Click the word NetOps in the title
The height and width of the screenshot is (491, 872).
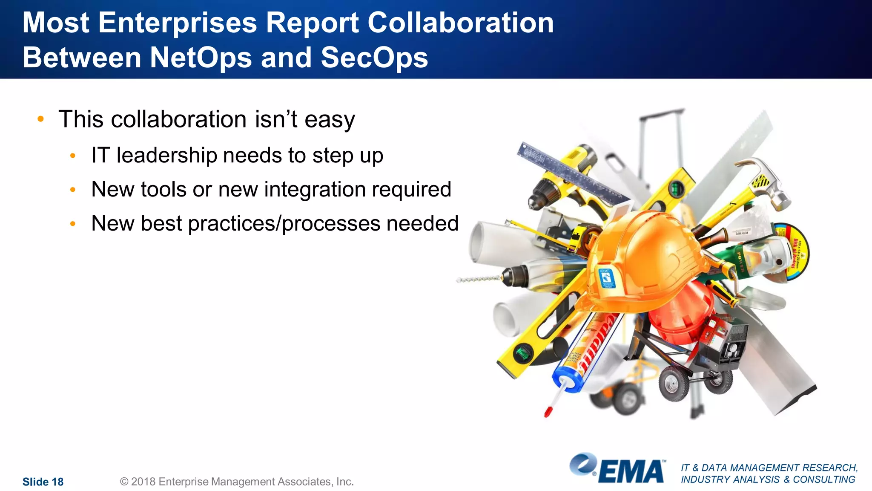[201, 58]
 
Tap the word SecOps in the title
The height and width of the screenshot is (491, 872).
[374, 58]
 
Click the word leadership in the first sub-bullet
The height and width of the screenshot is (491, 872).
[166, 155]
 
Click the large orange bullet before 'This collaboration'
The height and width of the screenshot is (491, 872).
[40, 119]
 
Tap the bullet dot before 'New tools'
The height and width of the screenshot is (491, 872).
[73, 190]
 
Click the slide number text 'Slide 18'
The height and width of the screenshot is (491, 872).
[43, 482]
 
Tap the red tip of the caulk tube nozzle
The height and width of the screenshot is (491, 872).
[548, 412]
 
